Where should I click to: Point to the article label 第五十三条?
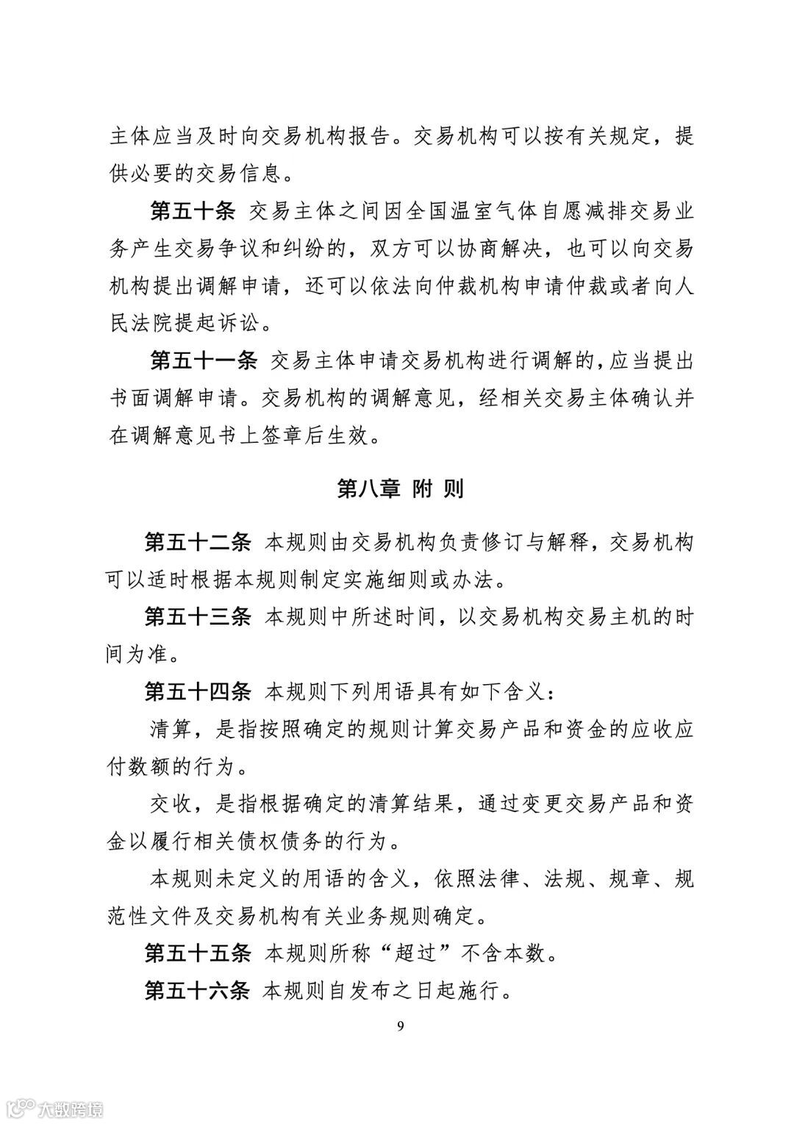198,616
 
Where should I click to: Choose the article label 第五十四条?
198,691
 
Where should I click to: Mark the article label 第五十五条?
198,953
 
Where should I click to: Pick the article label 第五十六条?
198,991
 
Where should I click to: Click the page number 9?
400,1027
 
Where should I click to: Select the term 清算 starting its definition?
171,729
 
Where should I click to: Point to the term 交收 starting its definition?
171,804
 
